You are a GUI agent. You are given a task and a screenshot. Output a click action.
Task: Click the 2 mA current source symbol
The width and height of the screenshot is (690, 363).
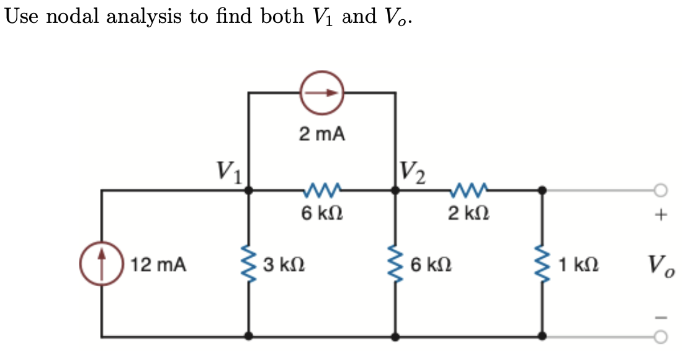pos(322,93)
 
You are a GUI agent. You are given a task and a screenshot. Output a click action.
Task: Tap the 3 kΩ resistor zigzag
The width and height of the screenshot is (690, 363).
pos(248,265)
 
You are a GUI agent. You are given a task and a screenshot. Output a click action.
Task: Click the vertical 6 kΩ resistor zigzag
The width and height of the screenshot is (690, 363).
pos(395,265)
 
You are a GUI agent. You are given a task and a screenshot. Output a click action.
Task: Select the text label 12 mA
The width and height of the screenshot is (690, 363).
pos(158,265)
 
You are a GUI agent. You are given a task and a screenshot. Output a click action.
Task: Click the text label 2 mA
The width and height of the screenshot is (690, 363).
pos(322,134)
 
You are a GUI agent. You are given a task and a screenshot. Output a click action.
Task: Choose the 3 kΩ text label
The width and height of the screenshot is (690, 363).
pos(283,265)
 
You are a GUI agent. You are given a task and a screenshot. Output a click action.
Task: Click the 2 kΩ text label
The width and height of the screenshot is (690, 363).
pos(468,214)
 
